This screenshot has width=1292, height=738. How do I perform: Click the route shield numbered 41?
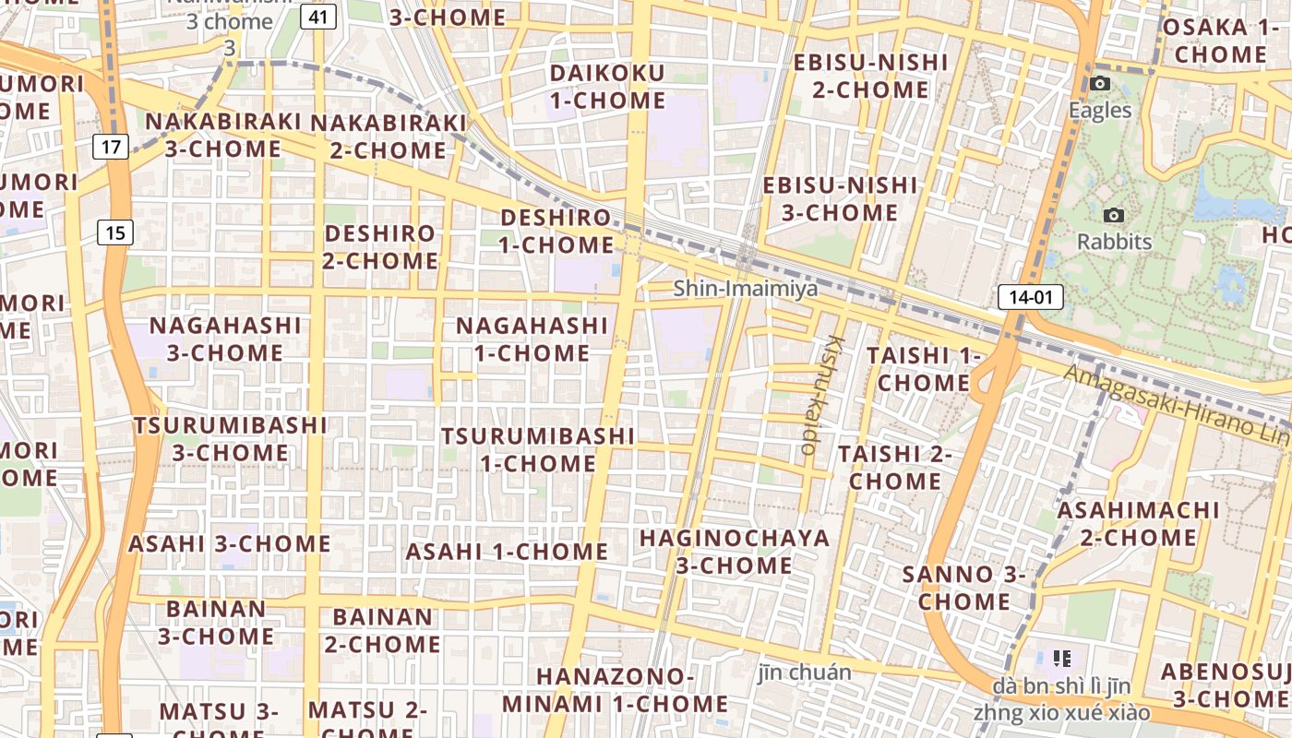pyautogui.click(x=317, y=17)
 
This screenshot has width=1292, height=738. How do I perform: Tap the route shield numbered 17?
pyautogui.click(x=112, y=146)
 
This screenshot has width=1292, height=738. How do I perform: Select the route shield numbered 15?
pyautogui.click(x=114, y=232)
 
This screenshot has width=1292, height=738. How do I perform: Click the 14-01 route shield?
pyautogui.click(x=1030, y=297)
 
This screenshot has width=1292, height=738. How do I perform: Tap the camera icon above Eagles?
pyautogui.click(x=1099, y=84)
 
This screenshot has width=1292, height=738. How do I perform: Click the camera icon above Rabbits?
pyautogui.click(x=1114, y=216)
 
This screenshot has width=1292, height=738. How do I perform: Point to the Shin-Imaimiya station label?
pyautogui.click(x=745, y=289)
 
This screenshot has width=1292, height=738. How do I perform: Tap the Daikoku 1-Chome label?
pyautogui.click(x=607, y=87)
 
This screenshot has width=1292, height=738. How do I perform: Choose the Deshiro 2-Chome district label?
pyautogui.click(x=380, y=246)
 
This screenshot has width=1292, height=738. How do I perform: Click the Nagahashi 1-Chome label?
pyautogui.click(x=532, y=339)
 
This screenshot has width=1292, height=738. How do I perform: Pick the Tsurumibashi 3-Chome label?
pyautogui.click(x=230, y=439)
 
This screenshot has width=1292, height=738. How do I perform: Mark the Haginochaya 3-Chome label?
pyautogui.click(x=735, y=551)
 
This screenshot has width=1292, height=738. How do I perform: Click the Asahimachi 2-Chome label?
pyautogui.click(x=1138, y=523)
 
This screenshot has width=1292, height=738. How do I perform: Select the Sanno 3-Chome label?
pyautogui.click(x=964, y=588)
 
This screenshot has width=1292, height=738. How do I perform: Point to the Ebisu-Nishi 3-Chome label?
pyautogui.click(x=840, y=198)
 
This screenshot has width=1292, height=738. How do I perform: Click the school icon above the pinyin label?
pyautogui.click(x=1061, y=658)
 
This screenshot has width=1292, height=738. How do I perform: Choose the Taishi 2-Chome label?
pyautogui.click(x=894, y=467)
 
